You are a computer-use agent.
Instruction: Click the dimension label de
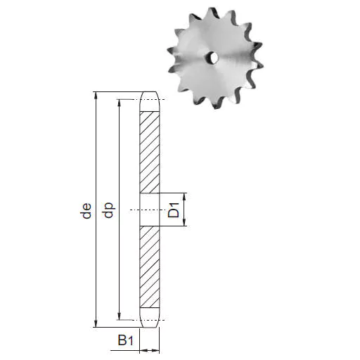[x=86, y=211]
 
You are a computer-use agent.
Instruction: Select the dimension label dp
[x=108, y=210]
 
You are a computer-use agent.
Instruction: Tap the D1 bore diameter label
[x=174, y=210]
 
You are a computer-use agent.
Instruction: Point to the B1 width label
[x=125, y=340]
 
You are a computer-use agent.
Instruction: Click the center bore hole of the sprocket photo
[x=212, y=58]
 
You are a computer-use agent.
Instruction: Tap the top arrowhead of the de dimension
[x=96, y=96]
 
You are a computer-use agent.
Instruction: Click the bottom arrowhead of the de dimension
[x=96, y=323]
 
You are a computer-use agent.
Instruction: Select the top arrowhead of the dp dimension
[x=119, y=103]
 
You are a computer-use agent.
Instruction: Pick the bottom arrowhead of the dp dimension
[x=119, y=316]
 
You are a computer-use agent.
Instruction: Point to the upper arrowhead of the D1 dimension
[x=184, y=197]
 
